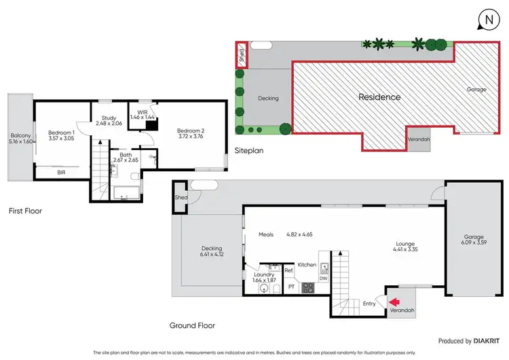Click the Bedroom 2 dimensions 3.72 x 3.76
190,137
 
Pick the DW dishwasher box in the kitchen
324,277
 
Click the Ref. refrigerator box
288,271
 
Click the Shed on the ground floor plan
181,198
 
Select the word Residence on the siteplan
379,97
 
